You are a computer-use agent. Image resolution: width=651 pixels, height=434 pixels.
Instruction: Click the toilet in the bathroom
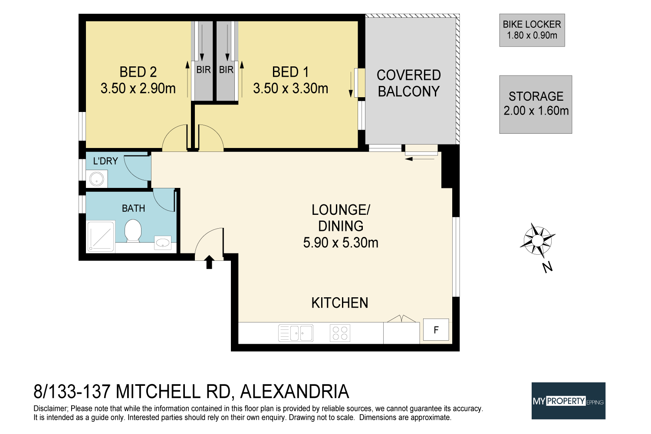tap(133, 230)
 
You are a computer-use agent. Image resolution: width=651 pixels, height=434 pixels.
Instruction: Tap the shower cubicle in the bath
tap(101, 237)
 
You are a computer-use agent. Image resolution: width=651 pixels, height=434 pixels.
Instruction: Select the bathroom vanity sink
tap(163, 243)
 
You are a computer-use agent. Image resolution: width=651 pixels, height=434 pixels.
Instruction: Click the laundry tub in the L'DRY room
tap(96, 178)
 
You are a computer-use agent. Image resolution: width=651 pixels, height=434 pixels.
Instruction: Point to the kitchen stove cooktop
tap(340, 333)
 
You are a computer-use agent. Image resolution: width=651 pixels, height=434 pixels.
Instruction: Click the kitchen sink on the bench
tap(296, 333)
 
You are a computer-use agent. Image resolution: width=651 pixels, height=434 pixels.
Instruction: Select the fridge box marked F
tap(436, 330)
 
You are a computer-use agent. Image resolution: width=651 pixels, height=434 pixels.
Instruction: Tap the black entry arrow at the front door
tap(209, 262)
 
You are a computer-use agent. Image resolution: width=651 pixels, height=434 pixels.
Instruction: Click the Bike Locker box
tap(532, 30)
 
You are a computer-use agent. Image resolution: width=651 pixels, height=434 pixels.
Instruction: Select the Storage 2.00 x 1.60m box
tap(536, 104)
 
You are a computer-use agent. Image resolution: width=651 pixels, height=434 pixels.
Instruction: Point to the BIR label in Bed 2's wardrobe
tap(203, 70)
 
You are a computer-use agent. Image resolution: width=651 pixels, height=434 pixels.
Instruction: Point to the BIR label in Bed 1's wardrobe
tap(226, 70)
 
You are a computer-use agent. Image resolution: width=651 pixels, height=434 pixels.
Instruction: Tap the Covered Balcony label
tap(408, 83)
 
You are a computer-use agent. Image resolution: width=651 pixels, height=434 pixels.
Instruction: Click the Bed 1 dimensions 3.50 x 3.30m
tap(290, 89)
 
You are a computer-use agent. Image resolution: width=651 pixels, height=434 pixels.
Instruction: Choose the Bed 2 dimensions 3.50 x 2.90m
tap(138, 89)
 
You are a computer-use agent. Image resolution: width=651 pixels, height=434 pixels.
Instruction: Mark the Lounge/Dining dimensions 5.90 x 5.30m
tap(341, 243)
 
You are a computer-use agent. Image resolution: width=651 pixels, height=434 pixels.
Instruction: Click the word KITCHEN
tap(340, 303)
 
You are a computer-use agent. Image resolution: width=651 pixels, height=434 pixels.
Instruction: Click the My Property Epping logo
tap(568, 401)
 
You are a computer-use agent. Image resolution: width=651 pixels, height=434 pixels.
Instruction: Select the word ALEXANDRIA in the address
tap(294, 391)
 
